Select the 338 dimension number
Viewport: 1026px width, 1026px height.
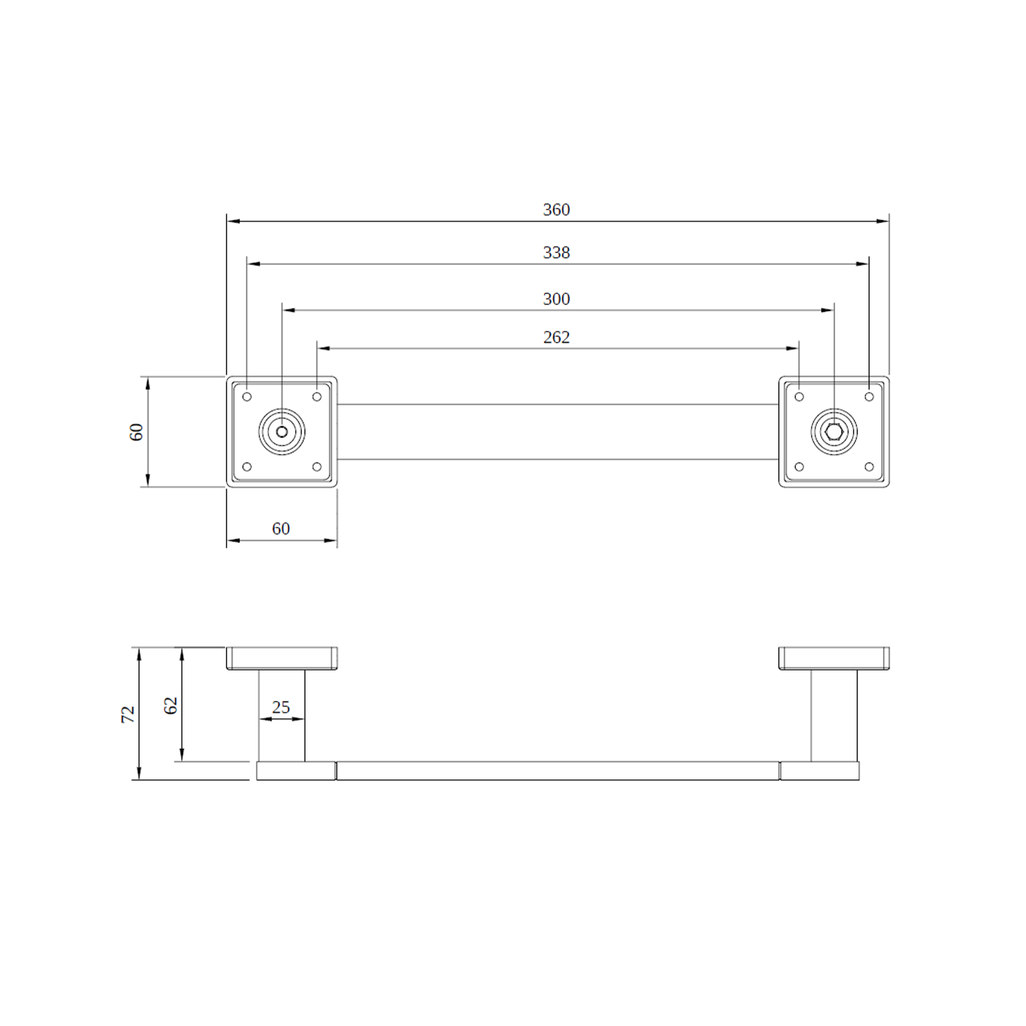tap(556, 252)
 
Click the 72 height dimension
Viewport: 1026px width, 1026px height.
tap(128, 714)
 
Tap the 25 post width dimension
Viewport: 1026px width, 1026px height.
tap(281, 707)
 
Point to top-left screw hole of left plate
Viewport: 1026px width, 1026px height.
tap(247, 397)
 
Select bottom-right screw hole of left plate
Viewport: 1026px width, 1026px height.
tap(317, 467)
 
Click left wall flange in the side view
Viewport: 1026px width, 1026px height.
tap(281, 658)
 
